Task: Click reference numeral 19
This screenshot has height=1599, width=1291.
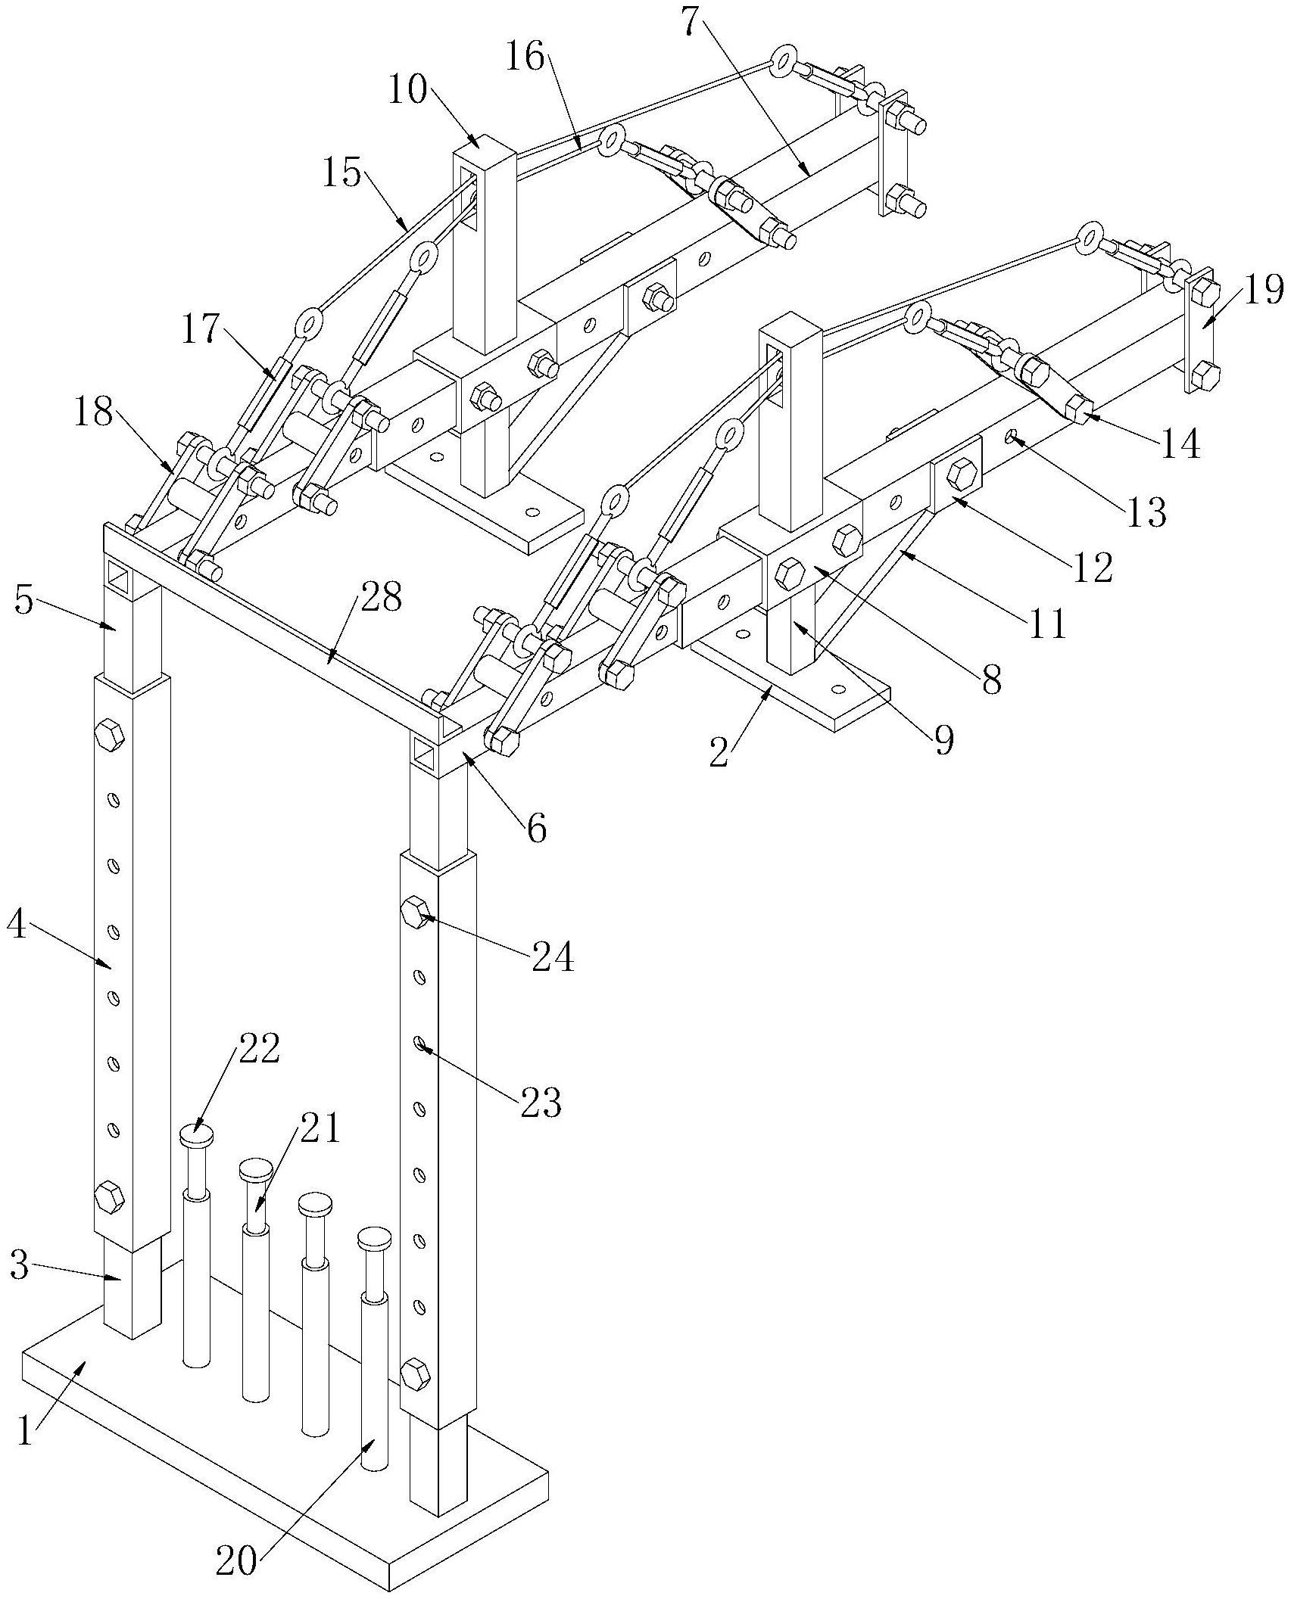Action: click(x=1262, y=290)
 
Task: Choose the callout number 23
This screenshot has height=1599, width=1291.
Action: click(x=541, y=1103)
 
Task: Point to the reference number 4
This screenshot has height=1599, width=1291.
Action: click(x=18, y=927)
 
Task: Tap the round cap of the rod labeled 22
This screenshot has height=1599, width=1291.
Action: click(x=196, y=1135)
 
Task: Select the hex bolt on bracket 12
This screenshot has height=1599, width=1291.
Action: click(x=959, y=474)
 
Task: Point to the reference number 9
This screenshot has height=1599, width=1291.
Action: click(x=943, y=741)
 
